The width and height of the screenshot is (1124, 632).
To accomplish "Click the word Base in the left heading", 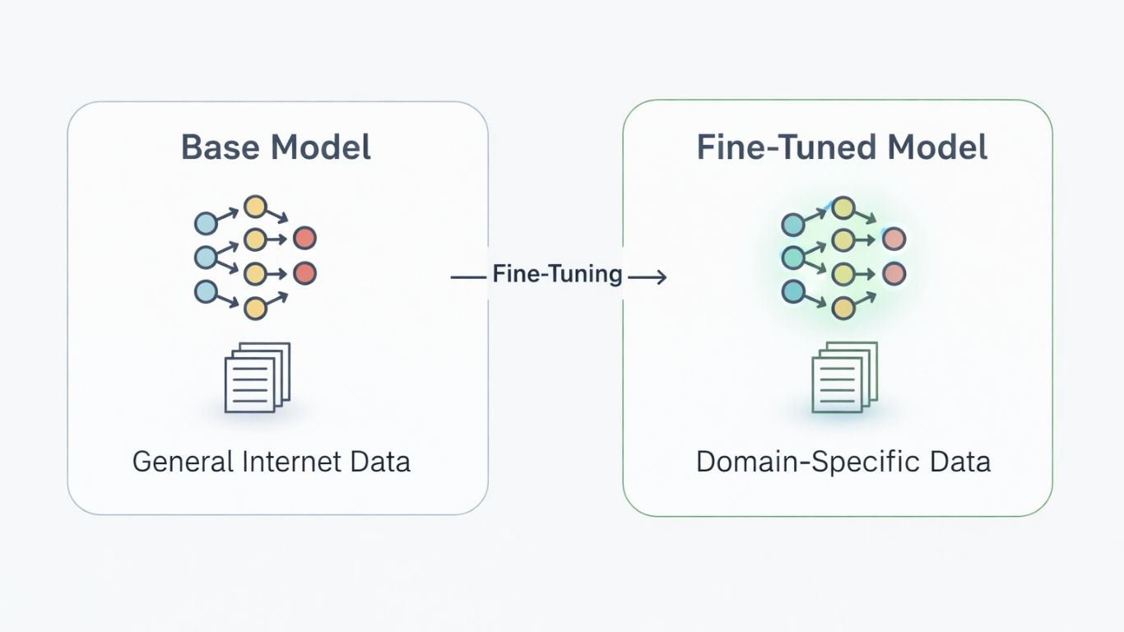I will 220,147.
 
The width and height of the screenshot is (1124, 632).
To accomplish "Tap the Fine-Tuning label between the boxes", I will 557,273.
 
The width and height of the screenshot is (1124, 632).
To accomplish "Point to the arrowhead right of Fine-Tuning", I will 660,278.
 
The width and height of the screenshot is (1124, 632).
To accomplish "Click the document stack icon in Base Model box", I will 258,377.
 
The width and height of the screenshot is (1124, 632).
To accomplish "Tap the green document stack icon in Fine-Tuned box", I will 844,377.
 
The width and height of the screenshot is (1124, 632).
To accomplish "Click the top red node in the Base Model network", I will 304,239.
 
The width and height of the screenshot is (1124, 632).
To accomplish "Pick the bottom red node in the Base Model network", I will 304,273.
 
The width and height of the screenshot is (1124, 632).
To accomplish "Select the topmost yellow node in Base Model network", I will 256,206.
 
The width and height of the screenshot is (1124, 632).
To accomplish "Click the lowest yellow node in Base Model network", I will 256,308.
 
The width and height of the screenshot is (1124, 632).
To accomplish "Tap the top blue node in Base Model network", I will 206,223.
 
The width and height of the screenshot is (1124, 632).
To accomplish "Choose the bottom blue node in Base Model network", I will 206,291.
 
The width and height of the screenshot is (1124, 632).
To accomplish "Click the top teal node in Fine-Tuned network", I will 792,224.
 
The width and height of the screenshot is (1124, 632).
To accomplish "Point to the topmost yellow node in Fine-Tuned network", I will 843,207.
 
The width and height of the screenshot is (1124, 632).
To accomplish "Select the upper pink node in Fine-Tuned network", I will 894,239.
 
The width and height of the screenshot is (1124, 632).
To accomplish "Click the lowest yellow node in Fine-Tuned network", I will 843,308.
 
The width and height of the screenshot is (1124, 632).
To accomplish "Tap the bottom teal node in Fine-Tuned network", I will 792,291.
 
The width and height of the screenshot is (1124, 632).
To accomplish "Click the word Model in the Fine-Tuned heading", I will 936,147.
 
